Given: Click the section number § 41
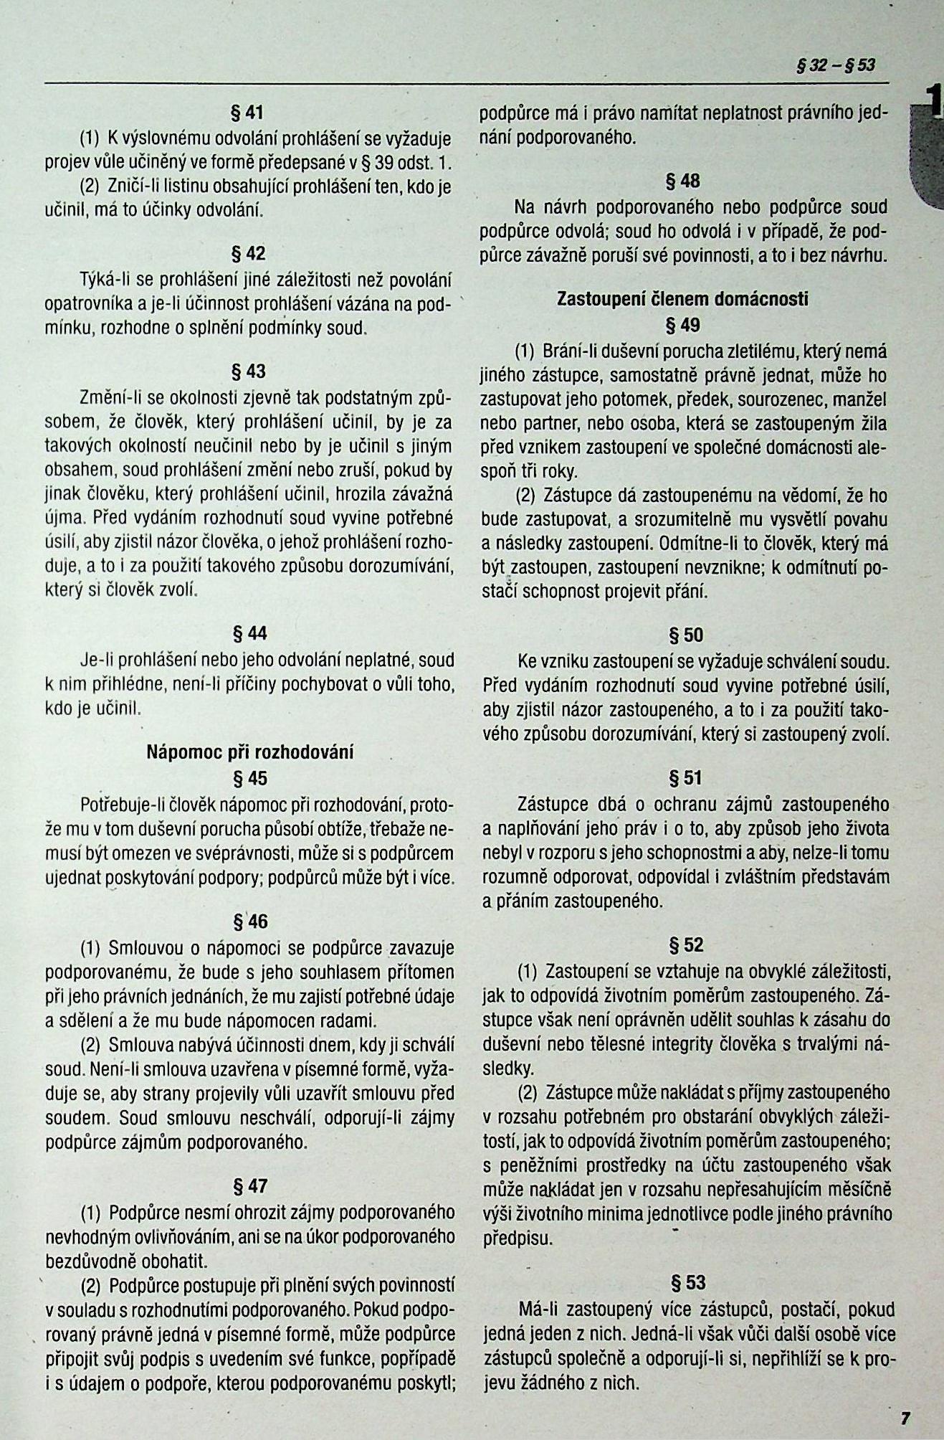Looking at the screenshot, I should tap(247, 113).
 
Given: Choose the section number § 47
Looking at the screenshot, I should tap(250, 1186).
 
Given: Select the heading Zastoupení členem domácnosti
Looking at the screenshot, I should tap(682, 299).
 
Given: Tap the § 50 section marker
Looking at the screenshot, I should tap(685, 635).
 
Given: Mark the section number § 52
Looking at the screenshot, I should tap(686, 944).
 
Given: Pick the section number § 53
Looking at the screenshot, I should tap(687, 1282).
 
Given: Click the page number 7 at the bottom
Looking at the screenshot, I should tap(905, 1418).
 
